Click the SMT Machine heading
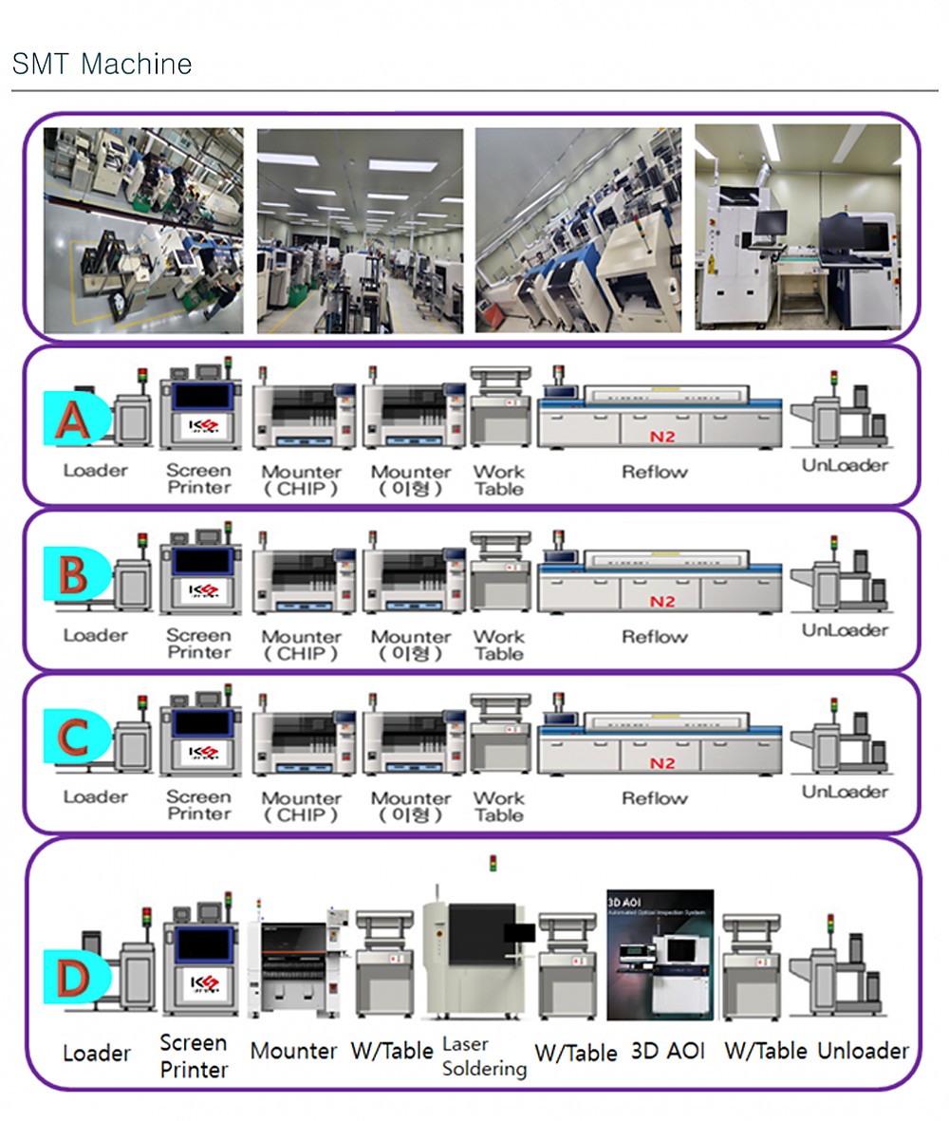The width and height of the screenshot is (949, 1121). (x=102, y=64)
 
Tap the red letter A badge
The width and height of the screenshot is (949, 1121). (x=73, y=419)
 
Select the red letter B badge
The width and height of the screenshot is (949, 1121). (x=73, y=574)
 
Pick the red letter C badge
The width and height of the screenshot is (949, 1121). (x=73, y=738)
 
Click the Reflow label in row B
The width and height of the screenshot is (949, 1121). (x=654, y=637)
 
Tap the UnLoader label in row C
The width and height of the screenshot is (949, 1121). (x=845, y=792)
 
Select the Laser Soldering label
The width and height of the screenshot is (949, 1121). (x=484, y=1056)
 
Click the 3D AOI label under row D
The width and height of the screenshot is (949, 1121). (x=668, y=1052)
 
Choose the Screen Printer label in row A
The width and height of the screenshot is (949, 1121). (x=198, y=478)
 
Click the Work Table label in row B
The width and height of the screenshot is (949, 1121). (x=498, y=645)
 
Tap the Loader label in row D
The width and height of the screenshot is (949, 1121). (x=96, y=1054)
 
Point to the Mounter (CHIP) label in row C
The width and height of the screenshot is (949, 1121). (x=302, y=806)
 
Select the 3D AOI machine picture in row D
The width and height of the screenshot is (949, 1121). (x=660, y=955)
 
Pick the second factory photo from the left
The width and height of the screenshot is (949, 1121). (x=360, y=232)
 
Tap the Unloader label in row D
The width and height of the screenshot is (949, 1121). (x=863, y=1051)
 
